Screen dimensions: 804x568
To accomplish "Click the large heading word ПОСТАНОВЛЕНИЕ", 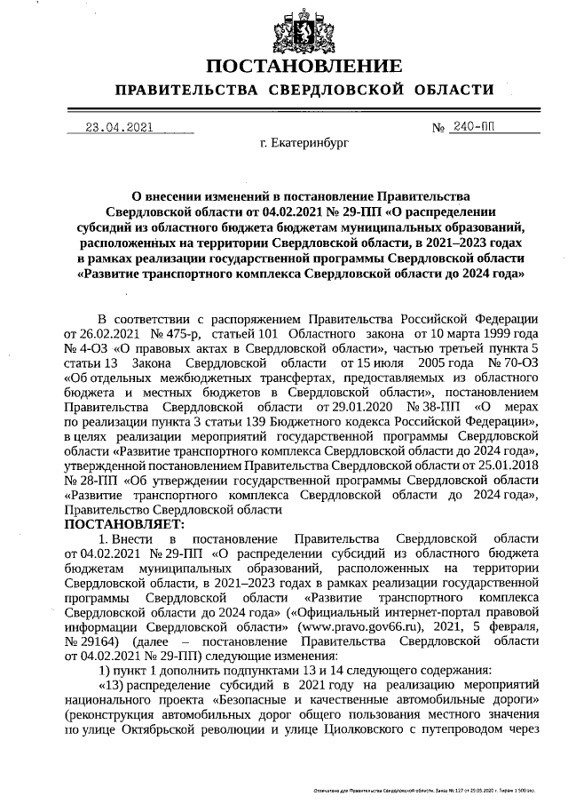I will tap(304, 67).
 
